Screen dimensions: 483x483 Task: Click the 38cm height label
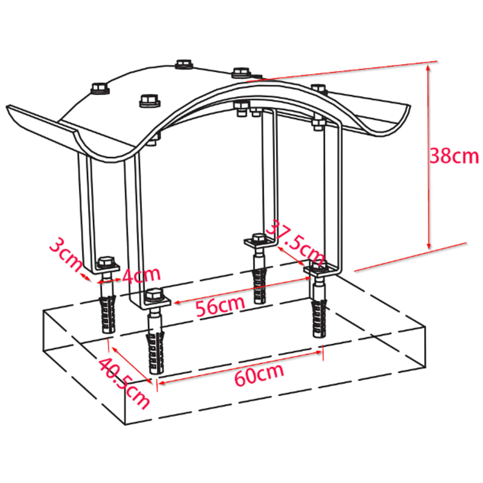tap(454, 156)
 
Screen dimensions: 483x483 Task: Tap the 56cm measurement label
tap(220, 307)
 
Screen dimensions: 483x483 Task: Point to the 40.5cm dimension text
tap(124, 382)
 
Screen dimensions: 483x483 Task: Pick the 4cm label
tap(141, 275)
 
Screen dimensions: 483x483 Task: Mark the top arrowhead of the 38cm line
tap(428, 67)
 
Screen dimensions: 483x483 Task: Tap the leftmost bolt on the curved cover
tap(99, 88)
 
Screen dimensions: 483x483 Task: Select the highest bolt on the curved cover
tap(184, 64)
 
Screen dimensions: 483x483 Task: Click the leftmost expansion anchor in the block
tap(107, 314)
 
